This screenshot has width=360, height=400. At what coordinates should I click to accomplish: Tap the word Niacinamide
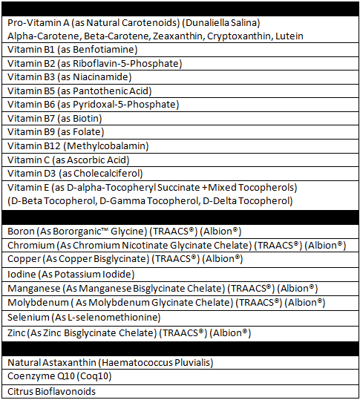(x=102, y=76)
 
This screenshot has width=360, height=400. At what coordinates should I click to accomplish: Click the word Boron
(x=21, y=232)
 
